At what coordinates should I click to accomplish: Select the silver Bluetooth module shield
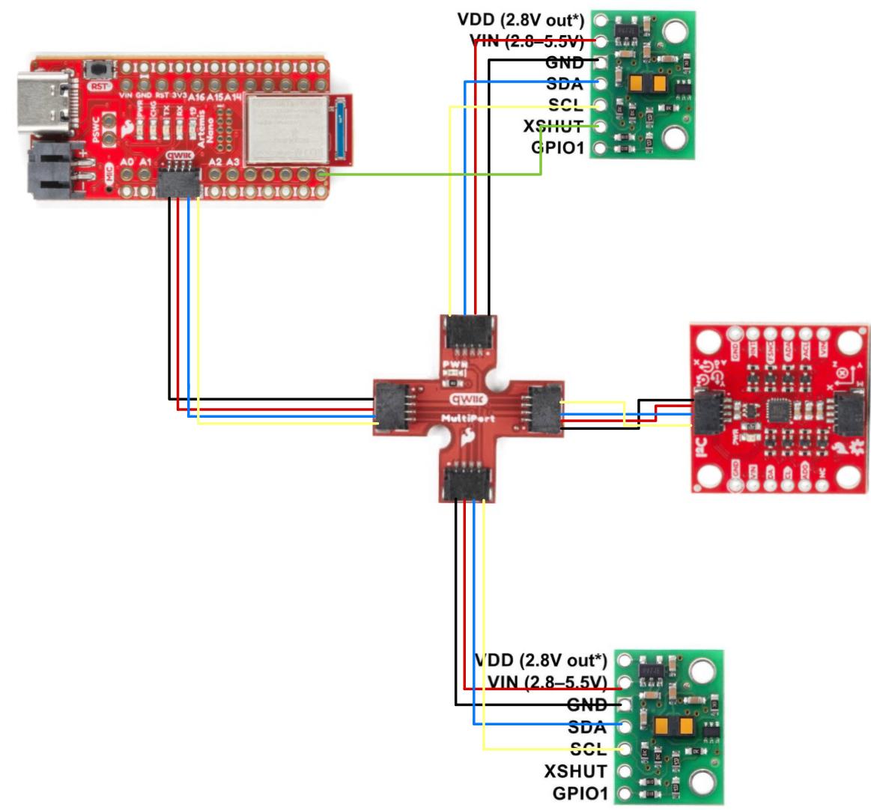tap(286, 129)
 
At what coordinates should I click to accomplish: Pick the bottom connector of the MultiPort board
tap(467, 483)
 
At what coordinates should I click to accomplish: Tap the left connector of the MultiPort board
tap(392, 408)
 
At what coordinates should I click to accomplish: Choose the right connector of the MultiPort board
tap(544, 409)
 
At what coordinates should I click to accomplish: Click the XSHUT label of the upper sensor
tap(553, 127)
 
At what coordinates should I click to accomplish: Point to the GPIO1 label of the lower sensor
tap(579, 793)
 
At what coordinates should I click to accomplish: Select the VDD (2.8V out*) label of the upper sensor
tap(521, 19)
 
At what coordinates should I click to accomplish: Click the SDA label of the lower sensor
tap(587, 726)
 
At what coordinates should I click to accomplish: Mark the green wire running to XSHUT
tap(434, 174)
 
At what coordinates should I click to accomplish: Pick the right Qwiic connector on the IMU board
tap(851, 413)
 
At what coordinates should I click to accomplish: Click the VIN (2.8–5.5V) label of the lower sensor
tap(546, 682)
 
